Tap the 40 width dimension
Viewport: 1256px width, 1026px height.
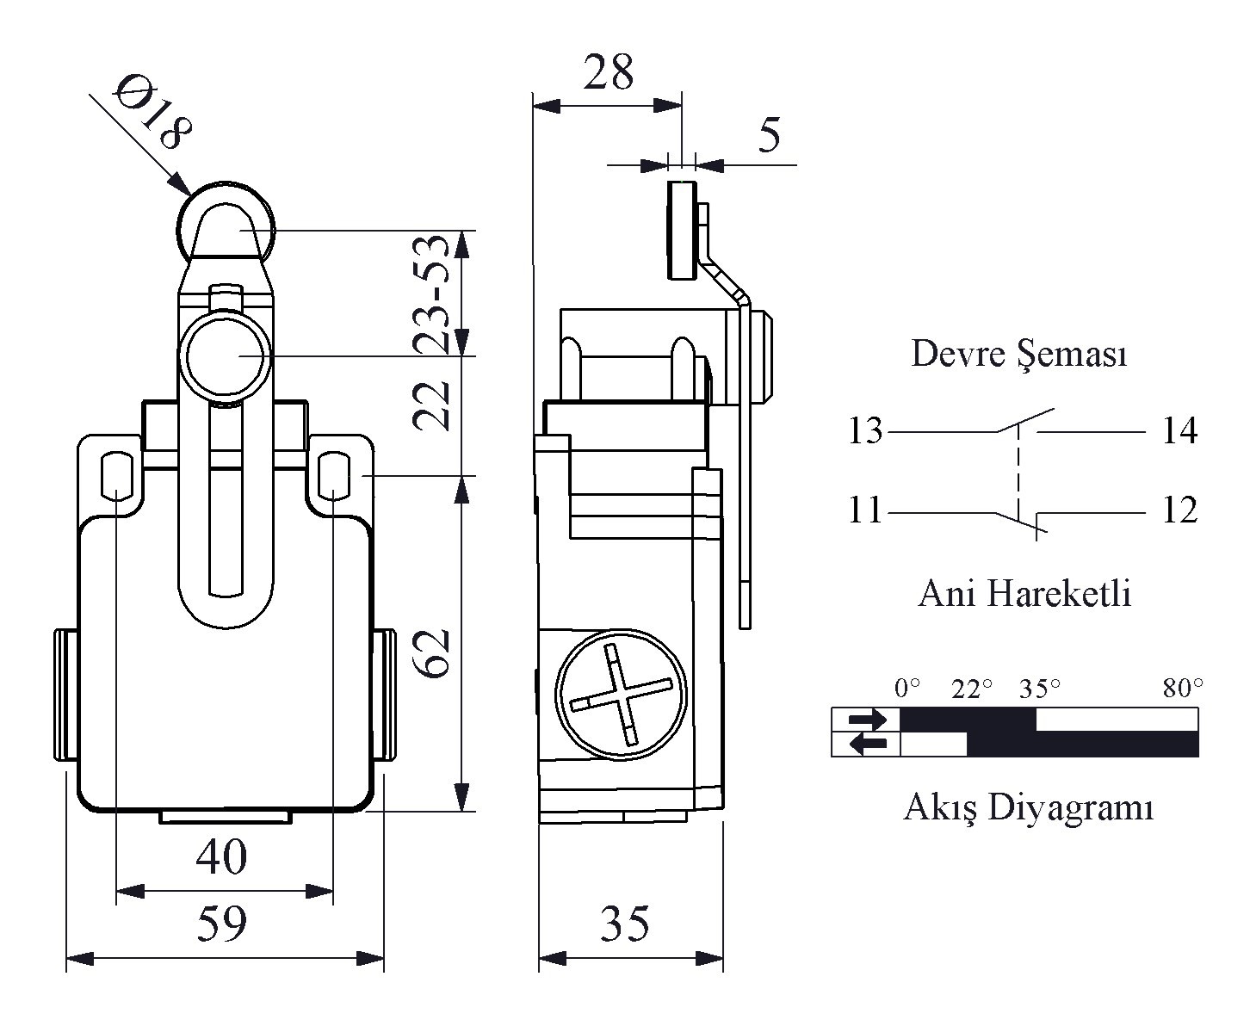(x=221, y=856)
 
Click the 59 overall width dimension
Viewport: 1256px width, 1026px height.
(x=221, y=923)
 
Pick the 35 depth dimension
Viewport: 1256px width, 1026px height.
(x=625, y=923)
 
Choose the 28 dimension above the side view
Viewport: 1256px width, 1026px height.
(x=609, y=72)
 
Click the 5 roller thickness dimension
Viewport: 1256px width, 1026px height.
(x=769, y=135)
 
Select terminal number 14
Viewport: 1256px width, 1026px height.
(x=1179, y=430)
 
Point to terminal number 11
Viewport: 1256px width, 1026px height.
(x=864, y=510)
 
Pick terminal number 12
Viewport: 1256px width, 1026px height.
(x=1179, y=510)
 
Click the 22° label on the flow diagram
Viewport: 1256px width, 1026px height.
(x=972, y=688)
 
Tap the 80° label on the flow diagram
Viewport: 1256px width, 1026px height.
(x=1183, y=688)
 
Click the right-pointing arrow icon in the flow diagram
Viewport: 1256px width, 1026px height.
(x=866, y=719)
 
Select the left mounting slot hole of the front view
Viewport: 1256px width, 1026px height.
(x=115, y=475)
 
